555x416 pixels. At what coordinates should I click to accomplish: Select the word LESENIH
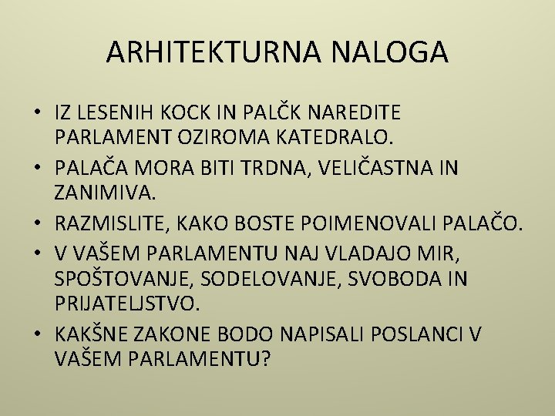[x=116, y=113]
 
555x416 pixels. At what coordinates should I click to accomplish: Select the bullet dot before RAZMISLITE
[x=38, y=223]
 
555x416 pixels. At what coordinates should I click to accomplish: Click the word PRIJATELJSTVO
[x=127, y=303]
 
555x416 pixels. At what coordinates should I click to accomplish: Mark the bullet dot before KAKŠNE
[x=38, y=334]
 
